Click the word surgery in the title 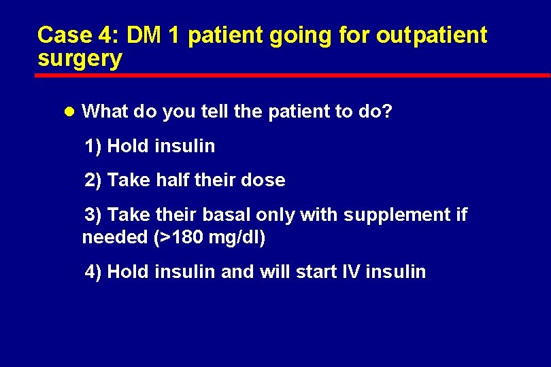(80, 60)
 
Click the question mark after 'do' (388, 111)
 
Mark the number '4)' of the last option (93, 273)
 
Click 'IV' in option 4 (350, 273)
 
